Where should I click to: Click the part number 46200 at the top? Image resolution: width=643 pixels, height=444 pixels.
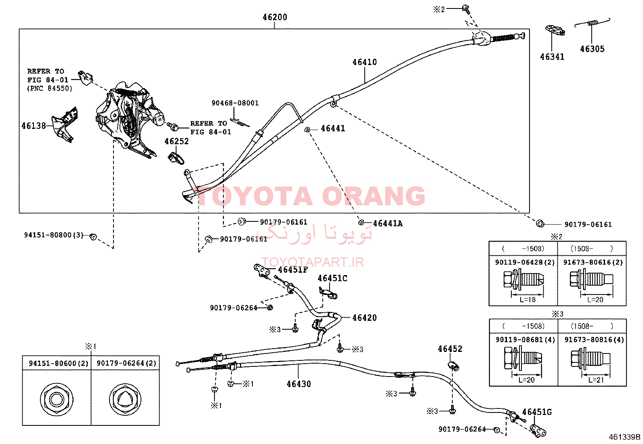click(x=275, y=17)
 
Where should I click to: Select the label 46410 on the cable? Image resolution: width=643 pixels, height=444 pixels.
click(x=365, y=62)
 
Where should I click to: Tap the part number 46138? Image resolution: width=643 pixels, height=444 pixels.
click(x=34, y=126)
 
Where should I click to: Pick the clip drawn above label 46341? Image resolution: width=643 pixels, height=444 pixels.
click(x=555, y=30)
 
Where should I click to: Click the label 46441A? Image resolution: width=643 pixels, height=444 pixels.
click(x=387, y=223)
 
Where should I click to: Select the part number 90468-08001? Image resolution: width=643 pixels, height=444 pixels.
click(x=235, y=103)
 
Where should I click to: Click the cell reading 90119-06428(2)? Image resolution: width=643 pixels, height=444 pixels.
click(x=524, y=262)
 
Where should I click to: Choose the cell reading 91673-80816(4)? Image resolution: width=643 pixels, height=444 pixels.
click(x=594, y=340)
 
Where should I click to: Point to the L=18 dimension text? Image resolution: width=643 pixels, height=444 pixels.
click(x=527, y=300)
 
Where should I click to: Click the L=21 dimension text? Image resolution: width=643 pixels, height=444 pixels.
click(x=596, y=380)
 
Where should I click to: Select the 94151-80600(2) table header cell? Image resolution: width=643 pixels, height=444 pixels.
click(x=59, y=363)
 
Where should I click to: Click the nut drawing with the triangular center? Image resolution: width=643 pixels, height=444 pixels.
click(x=125, y=399)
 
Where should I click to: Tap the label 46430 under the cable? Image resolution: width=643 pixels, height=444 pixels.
click(x=298, y=384)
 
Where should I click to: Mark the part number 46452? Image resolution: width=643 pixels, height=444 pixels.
click(x=450, y=349)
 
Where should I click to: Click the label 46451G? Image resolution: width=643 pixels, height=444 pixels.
click(x=537, y=412)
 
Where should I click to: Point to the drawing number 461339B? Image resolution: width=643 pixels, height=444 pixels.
click(x=625, y=437)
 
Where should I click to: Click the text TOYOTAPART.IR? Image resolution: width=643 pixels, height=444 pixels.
click(x=313, y=262)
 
